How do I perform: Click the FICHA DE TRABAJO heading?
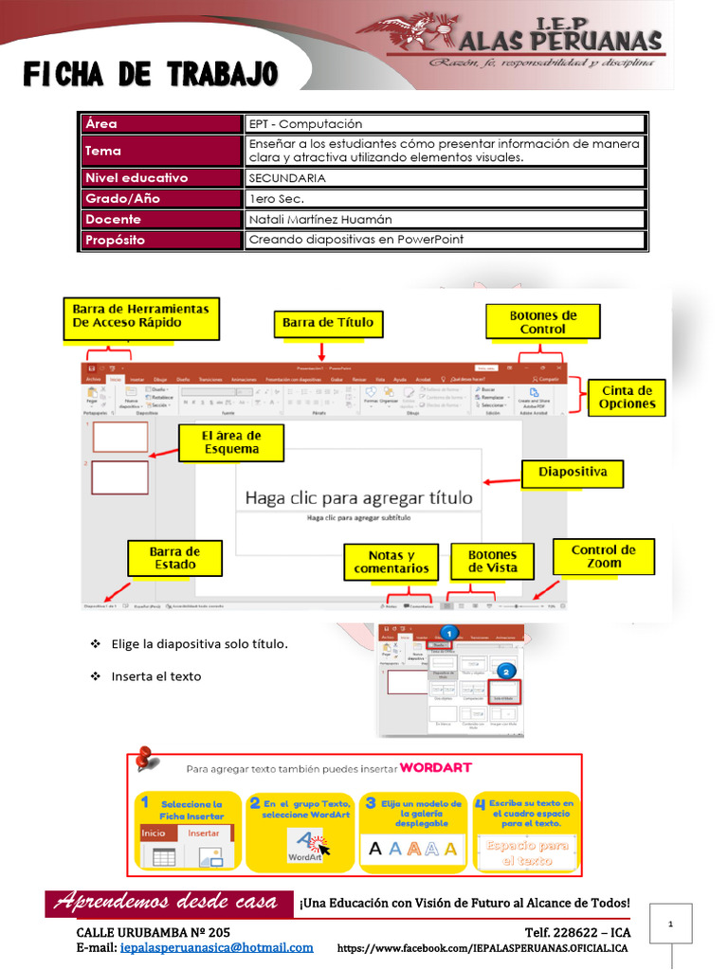[151, 74]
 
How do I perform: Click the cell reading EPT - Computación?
[305, 124]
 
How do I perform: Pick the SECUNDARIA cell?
[287, 177]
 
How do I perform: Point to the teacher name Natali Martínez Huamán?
[319, 219]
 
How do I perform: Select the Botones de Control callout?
[542, 322]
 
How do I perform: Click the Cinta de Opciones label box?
[627, 397]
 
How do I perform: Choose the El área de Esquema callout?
[231, 442]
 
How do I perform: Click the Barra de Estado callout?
[174, 558]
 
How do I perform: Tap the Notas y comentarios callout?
[391, 562]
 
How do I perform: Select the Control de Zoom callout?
[603, 556]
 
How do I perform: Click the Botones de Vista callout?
[492, 562]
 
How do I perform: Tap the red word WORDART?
[435, 767]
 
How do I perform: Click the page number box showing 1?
[670, 923]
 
